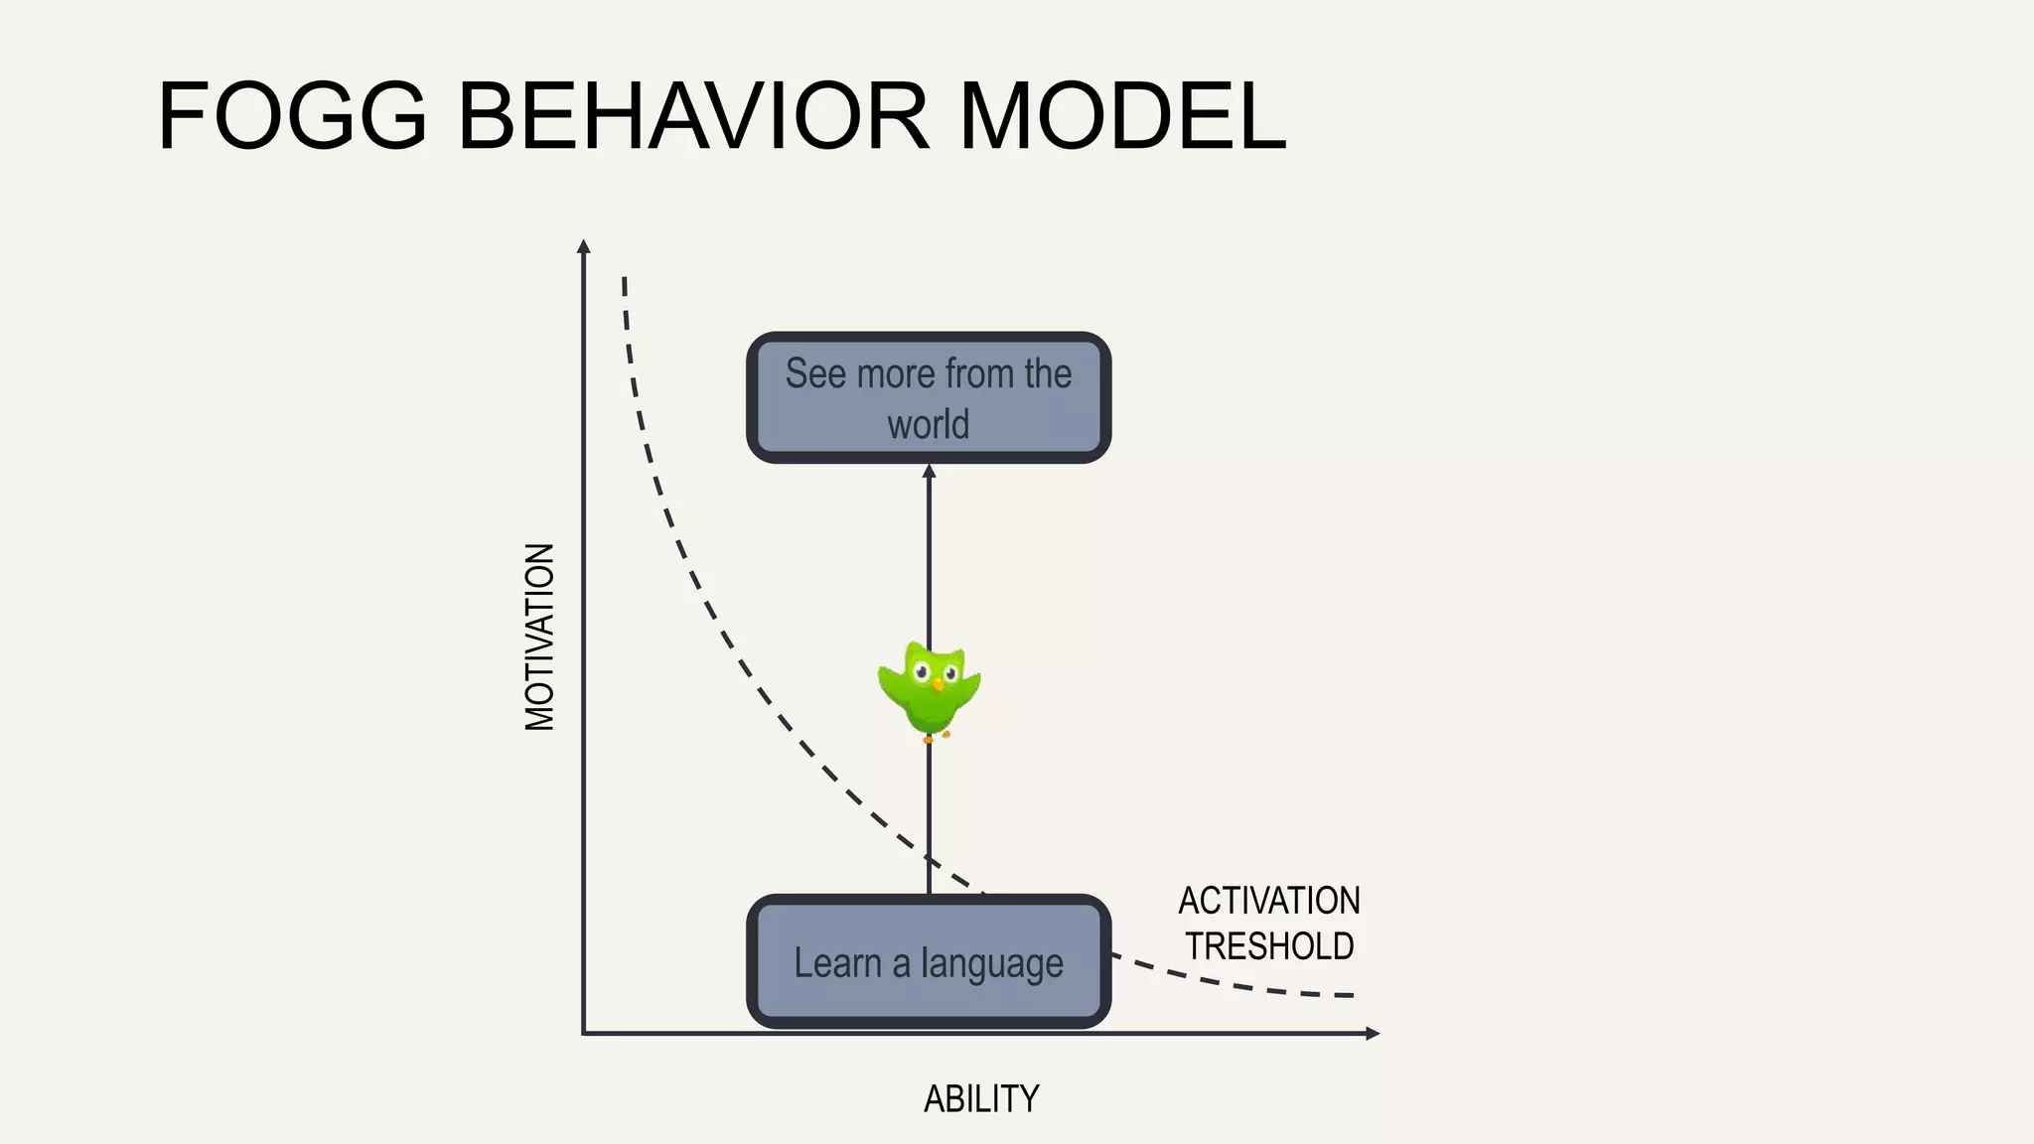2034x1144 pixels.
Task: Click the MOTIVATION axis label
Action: tap(539, 637)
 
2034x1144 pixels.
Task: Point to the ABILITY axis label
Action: tap(981, 1099)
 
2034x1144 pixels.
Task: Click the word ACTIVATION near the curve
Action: tap(1268, 901)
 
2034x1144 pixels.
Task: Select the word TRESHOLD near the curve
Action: tap(1269, 946)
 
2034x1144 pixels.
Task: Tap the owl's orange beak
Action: tap(938, 684)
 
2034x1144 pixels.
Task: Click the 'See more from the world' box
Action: tap(929, 397)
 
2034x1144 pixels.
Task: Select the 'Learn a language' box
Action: tap(929, 961)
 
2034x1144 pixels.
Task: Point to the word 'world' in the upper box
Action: tap(928, 424)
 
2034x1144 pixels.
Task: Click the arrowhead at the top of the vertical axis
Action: tap(584, 245)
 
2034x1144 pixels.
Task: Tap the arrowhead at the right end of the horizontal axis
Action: tap(1374, 1034)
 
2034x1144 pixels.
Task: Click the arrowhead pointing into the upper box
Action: tap(929, 471)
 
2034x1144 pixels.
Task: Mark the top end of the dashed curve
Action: tap(624, 280)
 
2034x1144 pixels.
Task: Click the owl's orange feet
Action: tap(936, 736)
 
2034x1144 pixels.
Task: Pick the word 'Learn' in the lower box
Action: tap(838, 962)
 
